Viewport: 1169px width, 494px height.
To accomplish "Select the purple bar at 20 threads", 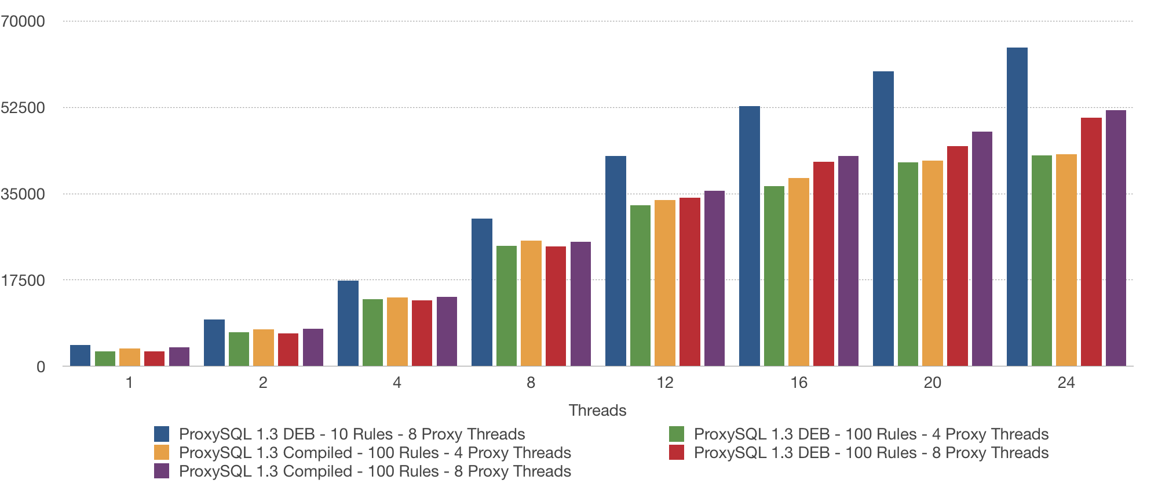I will [x=982, y=249].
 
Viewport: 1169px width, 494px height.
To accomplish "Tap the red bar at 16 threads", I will [x=823, y=264].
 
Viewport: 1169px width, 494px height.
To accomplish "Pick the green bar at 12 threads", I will [x=640, y=285].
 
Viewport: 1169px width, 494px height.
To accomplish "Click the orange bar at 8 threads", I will [x=531, y=303].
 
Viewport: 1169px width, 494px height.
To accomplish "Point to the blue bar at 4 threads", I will [x=348, y=323].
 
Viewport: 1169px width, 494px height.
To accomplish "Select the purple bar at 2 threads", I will [x=313, y=347].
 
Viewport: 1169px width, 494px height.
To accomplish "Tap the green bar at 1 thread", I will [x=105, y=358].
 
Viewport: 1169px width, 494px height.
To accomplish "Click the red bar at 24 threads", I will [x=1091, y=242].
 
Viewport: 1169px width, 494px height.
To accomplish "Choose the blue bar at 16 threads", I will [x=749, y=236].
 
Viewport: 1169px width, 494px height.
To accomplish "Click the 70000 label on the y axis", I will [x=23, y=21].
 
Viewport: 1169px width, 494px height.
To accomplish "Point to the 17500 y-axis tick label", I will [x=23, y=281].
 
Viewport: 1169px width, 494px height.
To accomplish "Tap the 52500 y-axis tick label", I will [x=23, y=108].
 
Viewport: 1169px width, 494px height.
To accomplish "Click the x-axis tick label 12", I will [x=664, y=383].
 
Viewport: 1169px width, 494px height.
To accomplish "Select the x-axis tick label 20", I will [x=932, y=383].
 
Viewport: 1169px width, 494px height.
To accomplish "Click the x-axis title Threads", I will [x=597, y=411].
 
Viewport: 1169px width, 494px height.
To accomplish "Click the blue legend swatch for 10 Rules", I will [x=162, y=434].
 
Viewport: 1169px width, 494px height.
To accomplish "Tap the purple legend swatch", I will [x=162, y=471].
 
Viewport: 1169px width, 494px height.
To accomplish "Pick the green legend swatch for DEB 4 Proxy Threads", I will [x=676, y=434].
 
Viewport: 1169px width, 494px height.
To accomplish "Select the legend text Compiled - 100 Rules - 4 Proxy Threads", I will [x=375, y=453].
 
